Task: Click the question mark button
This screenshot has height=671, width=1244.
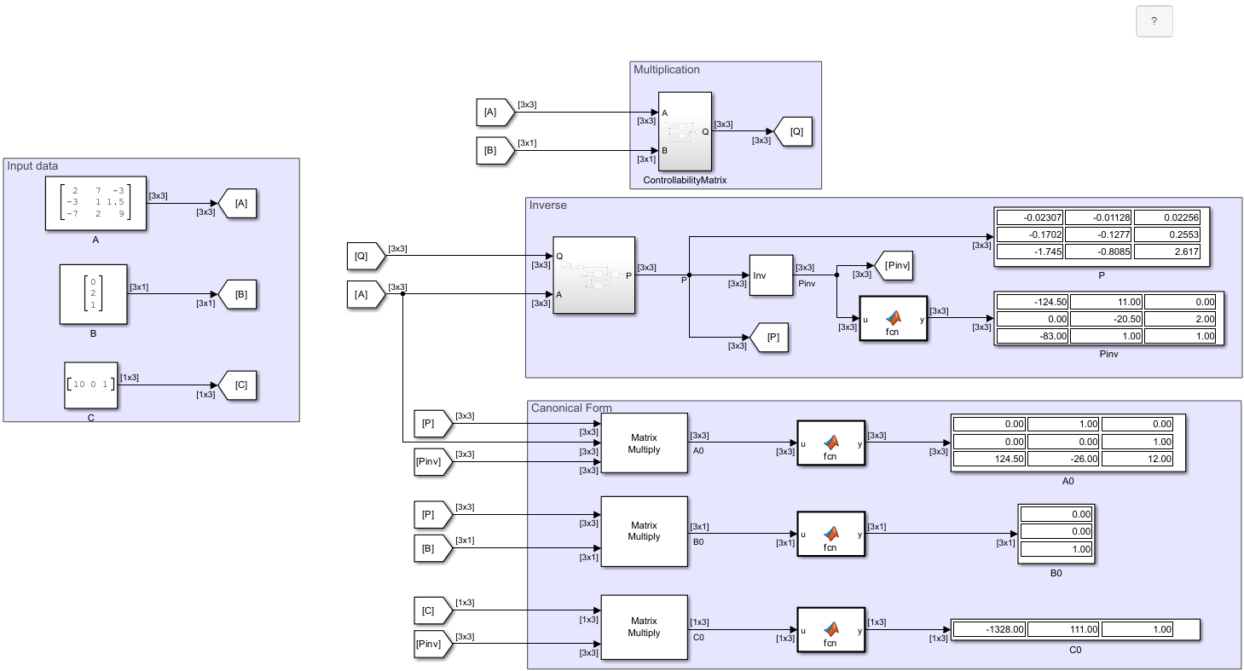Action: tap(1154, 21)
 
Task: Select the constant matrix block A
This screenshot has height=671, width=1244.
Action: tap(95, 203)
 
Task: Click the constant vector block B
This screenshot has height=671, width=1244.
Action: tap(93, 294)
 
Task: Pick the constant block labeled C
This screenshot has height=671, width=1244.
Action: tap(90, 385)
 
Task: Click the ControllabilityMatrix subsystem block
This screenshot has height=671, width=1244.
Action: tap(685, 131)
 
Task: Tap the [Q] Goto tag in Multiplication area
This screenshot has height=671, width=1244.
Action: tap(793, 132)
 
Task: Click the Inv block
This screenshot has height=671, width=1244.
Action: tap(771, 275)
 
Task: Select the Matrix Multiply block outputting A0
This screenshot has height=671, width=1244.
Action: tap(644, 443)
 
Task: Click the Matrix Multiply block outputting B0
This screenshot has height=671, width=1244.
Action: tap(644, 531)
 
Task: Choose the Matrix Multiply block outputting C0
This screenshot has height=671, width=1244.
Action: tap(644, 627)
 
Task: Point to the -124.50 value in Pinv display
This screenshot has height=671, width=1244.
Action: tap(1031, 301)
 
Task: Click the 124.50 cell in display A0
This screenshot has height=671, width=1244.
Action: tap(988, 459)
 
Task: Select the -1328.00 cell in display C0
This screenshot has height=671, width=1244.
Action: tap(988, 629)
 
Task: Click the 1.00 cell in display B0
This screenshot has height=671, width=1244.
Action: tap(1056, 550)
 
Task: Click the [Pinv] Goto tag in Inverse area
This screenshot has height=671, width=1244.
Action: tap(894, 266)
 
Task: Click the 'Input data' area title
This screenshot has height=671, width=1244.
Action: tap(32, 166)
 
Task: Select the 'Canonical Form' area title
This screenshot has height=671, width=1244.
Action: tap(571, 408)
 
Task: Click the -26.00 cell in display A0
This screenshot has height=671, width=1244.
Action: tap(1062, 459)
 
